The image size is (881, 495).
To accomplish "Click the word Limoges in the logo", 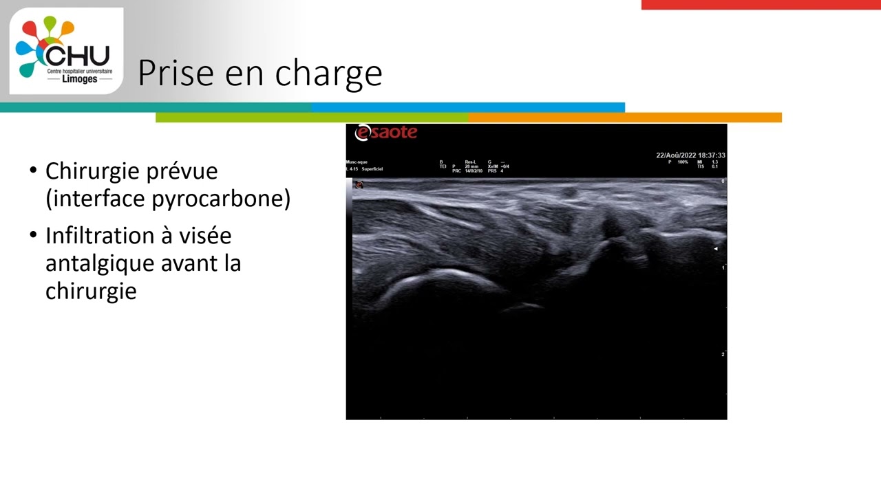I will click(79, 79).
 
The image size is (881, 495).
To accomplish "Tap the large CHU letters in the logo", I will click(77, 55).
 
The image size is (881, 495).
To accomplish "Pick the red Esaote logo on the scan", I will click(385, 133).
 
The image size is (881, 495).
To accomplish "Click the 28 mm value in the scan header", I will click(471, 166).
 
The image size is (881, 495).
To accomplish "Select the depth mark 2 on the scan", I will click(723, 354).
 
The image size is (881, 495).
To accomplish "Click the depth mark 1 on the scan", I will click(723, 267).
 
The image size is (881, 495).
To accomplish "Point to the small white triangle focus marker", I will click(716, 249).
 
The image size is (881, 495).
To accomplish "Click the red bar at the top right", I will click(761, 5).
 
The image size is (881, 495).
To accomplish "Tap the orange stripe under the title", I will click(625, 118).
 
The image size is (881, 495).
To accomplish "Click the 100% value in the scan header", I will click(682, 162).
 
